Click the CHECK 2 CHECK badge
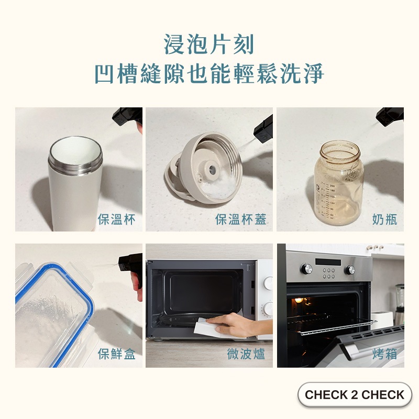(x=355, y=394)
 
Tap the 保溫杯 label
(x=116, y=219)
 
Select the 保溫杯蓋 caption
(x=241, y=219)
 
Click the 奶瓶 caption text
(x=384, y=219)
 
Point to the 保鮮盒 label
(x=116, y=354)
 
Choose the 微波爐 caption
(x=246, y=354)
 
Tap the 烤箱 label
(x=384, y=354)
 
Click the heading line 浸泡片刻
(x=209, y=45)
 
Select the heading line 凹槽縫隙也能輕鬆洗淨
(x=210, y=73)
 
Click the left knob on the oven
(x=306, y=269)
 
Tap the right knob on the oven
(x=350, y=270)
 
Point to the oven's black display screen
(x=328, y=262)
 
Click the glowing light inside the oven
(x=299, y=300)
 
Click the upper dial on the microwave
(x=268, y=283)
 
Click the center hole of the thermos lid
(x=213, y=169)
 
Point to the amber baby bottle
(x=339, y=182)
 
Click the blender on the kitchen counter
(x=399, y=304)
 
